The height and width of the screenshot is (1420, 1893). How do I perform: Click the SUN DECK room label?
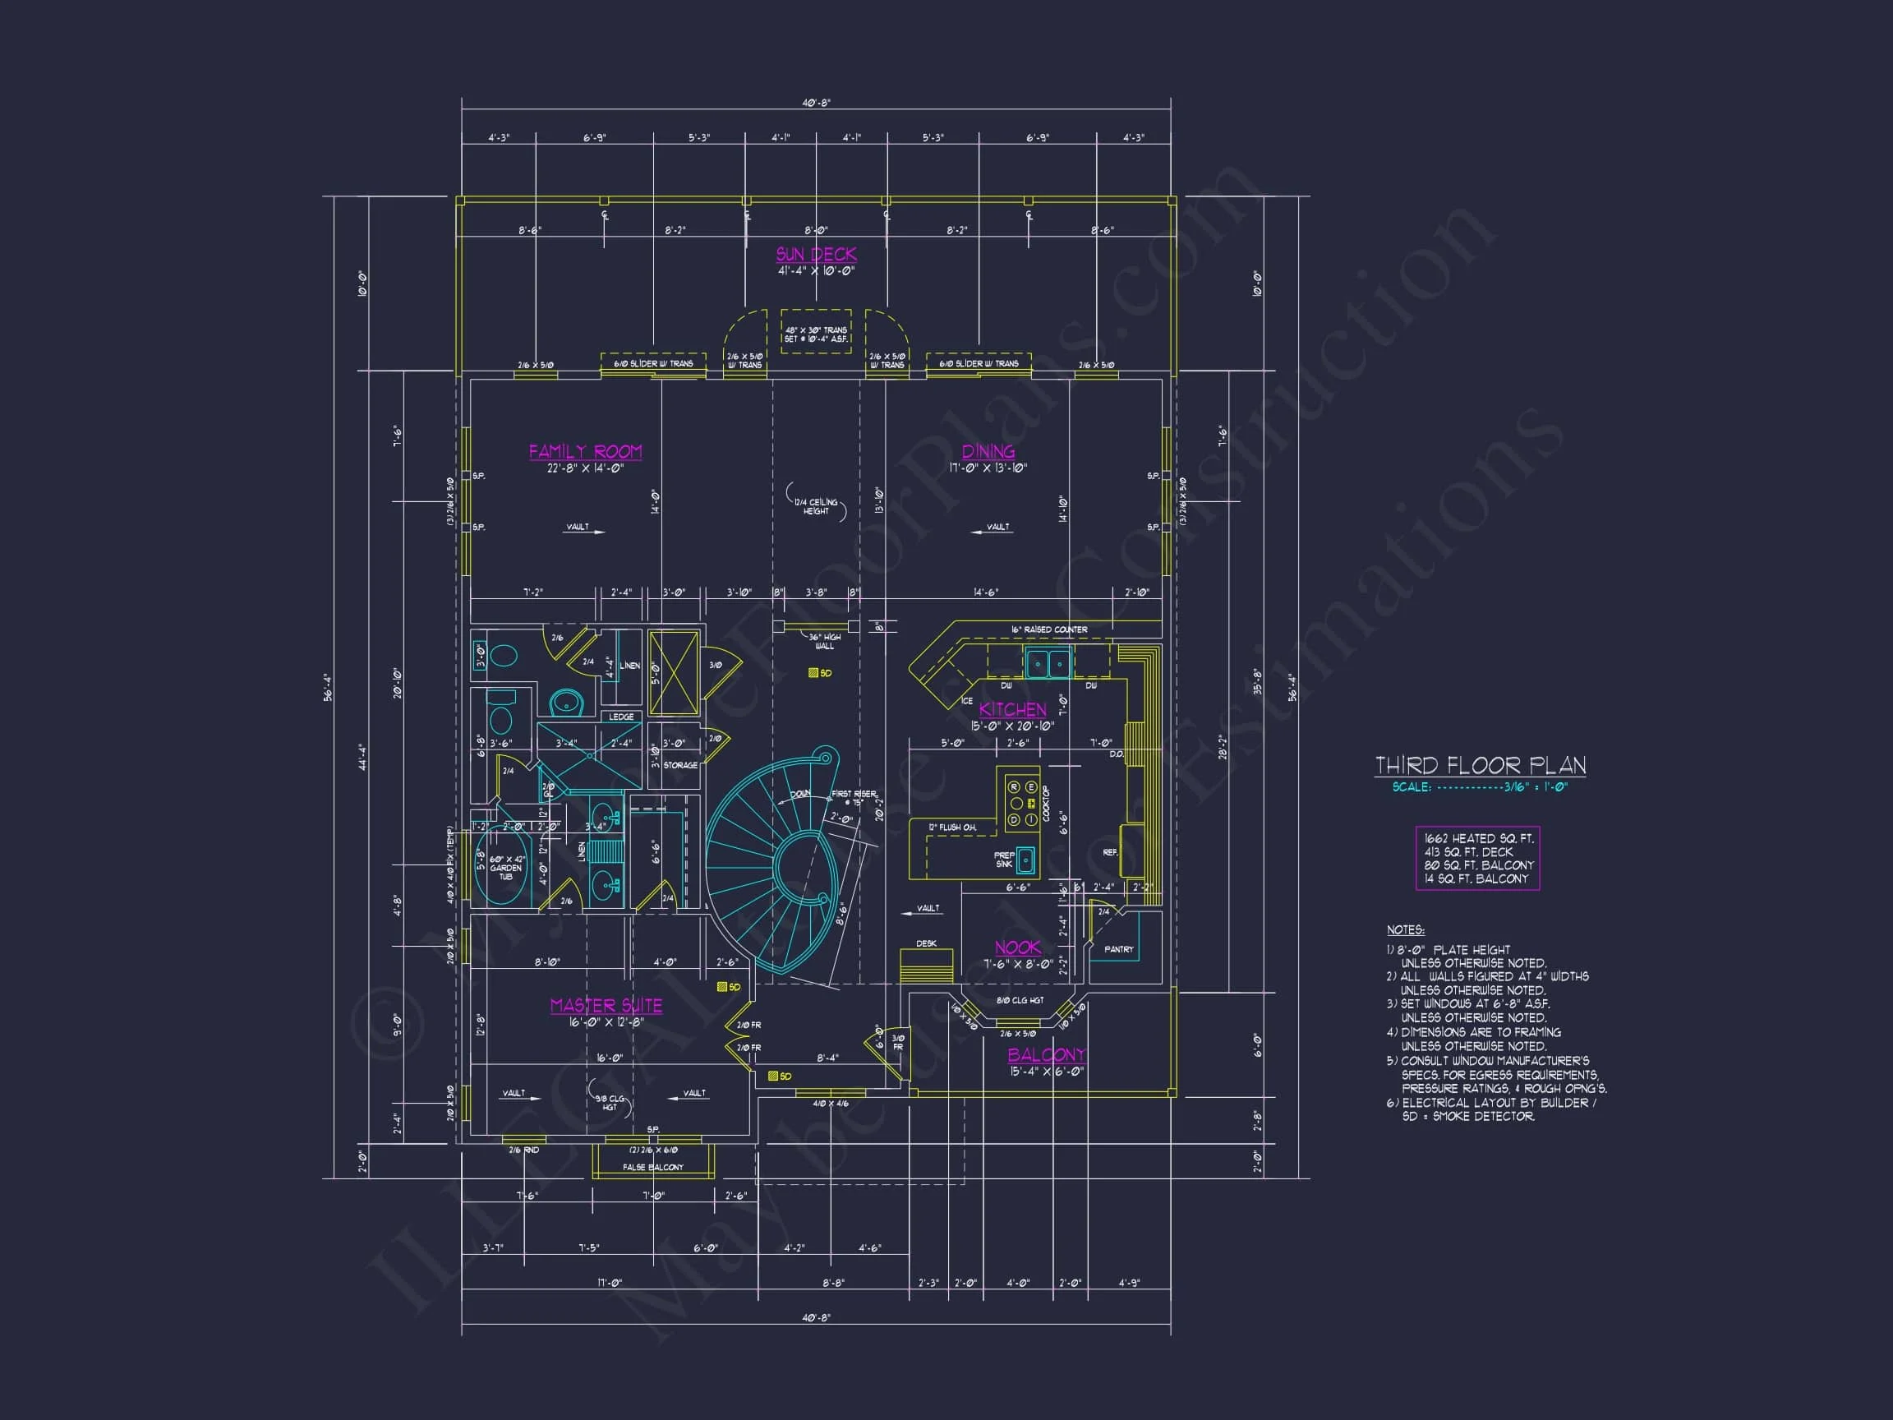pyautogui.click(x=816, y=254)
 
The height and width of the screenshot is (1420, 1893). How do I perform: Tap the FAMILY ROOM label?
pyautogui.click(x=585, y=451)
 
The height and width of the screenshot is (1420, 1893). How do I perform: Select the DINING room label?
pyautogui.click(x=988, y=451)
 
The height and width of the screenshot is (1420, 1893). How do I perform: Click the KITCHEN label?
pyautogui.click(x=1012, y=709)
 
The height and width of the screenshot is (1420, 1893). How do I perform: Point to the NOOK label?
pyautogui.click(x=1017, y=947)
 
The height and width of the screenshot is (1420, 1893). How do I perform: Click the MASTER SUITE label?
pyautogui.click(x=606, y=1005)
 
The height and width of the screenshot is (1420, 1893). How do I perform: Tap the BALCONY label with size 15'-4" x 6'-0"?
pyautogui.click(x=1046, y=1054)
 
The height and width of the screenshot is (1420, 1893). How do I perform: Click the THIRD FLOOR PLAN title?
pyautogui.click(x=1480, y=765)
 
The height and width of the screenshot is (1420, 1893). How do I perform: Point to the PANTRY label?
pyautogui.click(x=1118, y=949)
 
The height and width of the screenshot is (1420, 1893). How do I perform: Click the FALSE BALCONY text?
pyautogui.click(x=653, y=1168)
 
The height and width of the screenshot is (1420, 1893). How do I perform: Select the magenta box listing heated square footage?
pyautogui.click(x=1477, y=859)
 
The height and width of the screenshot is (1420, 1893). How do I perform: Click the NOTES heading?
pyautogui.click(x=1405, y=929)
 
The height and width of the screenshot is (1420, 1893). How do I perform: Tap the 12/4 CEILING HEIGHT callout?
pyautogui.click(x=816, y=507)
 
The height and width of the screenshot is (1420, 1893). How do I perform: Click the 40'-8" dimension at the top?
pyautogui.click(x=816, y=103)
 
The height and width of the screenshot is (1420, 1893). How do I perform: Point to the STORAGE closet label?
pyautogui.click(x=680, y=765)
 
